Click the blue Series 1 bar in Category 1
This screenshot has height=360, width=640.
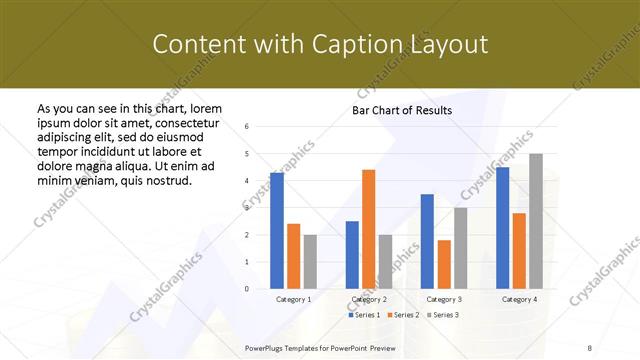(277, 231)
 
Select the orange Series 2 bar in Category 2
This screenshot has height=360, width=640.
(368, 229)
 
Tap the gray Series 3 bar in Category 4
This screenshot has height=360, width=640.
(536, 221)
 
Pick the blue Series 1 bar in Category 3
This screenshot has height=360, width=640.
(427, 241)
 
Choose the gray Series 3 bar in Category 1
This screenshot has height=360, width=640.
(310, 262)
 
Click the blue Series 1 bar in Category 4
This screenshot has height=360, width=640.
(502, 228)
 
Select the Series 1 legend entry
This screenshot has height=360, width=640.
(363, 315)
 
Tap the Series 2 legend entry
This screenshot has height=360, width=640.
(403, 315)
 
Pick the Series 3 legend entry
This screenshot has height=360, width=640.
(443, 315)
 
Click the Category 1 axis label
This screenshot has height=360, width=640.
(293, 299)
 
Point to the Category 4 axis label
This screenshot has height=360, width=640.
(519, 299)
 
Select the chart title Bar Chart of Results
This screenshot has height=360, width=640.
(402, 110)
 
